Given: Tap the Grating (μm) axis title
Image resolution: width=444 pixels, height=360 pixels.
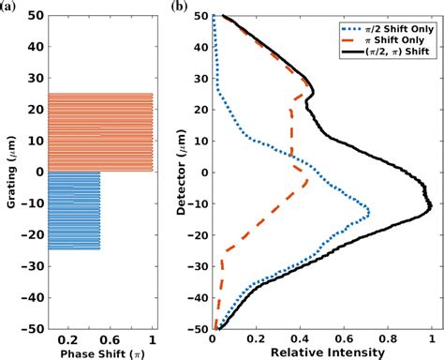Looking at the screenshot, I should point(8,172).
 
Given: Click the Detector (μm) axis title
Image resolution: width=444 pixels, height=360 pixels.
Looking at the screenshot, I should point(184,172).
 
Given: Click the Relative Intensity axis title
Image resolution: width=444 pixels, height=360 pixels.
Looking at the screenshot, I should point(322,352).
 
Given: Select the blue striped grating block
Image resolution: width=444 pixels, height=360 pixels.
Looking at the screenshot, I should point(74,210).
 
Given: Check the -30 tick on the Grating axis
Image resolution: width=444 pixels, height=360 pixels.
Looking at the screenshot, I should point(29,266).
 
